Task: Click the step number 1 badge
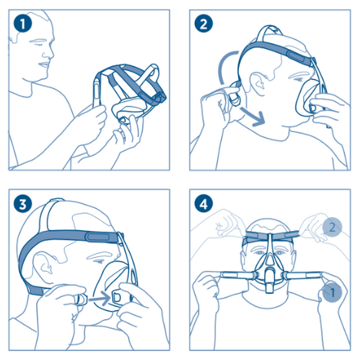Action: point(23,24)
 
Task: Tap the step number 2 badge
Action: point(203,24)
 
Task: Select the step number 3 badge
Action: point(23,204)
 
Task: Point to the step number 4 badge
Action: point(203,204)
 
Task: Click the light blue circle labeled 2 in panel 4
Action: point(332,227)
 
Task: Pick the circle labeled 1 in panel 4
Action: point(332,292)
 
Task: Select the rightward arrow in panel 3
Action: point(99,298)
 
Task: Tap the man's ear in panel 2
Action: point(258,84)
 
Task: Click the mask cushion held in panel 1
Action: point(127,111)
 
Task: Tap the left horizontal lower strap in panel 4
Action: point(236,276)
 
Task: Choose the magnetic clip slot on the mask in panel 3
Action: point(117,297)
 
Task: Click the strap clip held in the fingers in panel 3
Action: point(81,299)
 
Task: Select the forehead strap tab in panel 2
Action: point(297,56)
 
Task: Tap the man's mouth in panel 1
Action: point(44,64)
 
